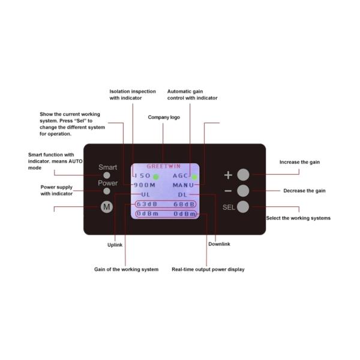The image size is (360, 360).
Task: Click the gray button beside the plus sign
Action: [x=243, y=175]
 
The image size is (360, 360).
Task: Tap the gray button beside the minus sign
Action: [x=243, y=191]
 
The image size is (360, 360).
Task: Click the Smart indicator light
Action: [x=107, y=175]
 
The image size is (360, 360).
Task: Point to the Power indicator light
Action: [x=107, y=191]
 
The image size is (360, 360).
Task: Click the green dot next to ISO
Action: [x=156, y=177]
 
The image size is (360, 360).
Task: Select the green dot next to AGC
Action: [x=194, y=177]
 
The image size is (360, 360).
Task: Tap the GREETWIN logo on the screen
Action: [x=164, y=166]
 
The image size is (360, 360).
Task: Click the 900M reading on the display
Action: [x=145, y=185]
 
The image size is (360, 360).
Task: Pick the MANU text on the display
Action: [x=183, y=185]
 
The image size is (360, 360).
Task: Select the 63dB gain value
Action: [x=147, y=204]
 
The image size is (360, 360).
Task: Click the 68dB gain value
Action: [x=184, y=204]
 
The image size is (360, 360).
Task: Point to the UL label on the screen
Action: [x=146, y=194]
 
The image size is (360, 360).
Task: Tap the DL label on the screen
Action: [x=182, y=194]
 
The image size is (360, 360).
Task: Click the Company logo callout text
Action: [x=164, y=118]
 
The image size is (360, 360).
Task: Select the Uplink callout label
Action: [x=115, y=245]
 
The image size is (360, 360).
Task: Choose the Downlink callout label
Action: [x=219, y=244]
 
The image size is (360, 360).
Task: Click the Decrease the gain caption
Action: [x=304, y=191]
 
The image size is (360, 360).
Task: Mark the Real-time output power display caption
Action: [x=208, y=269]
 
